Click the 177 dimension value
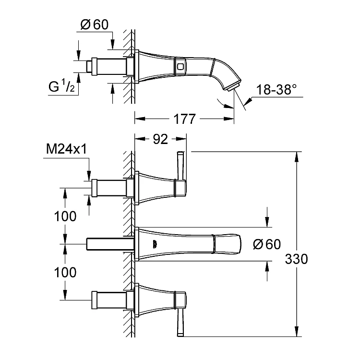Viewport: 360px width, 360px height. tap(184, 119)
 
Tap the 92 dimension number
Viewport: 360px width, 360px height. tap(160, 139)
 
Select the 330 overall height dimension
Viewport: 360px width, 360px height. tap(296, 259)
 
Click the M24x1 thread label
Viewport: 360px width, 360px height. tap(67, 149)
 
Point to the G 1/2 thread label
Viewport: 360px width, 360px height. tap(61, 86)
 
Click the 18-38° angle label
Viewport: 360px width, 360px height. tap(276, 90)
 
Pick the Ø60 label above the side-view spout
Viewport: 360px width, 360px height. tap(95, 24)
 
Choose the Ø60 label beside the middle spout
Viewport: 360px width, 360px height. tap(267, 244)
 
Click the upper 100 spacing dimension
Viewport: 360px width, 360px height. tap(65, 216)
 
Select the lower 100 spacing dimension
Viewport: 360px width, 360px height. tap(65, 272)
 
